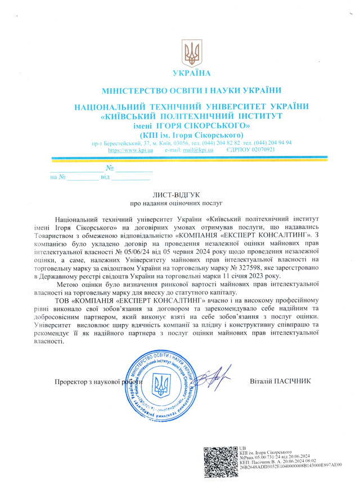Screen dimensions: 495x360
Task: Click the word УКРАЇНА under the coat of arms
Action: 191,73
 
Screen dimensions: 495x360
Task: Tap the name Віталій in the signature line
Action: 260,380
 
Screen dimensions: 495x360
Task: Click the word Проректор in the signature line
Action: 71,382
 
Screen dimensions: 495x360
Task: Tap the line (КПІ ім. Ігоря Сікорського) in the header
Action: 191,135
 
